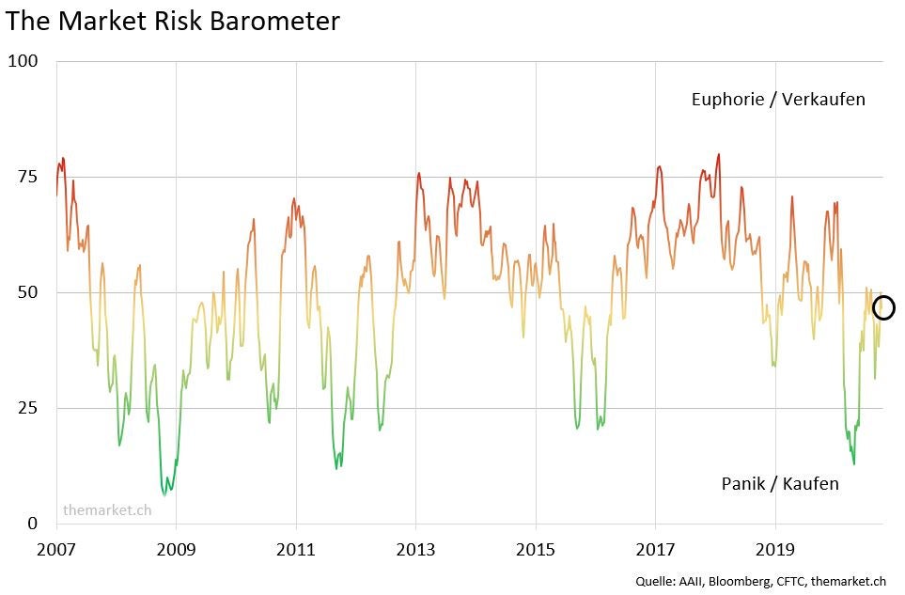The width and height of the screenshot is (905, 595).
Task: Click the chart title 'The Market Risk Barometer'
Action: click(x=173, y=22)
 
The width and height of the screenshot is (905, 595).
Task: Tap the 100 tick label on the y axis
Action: click(x=23, y=61)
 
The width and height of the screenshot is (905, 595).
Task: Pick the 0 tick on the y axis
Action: click(x=31, y=524)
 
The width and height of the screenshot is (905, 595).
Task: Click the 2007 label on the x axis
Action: click(x=56, y=547)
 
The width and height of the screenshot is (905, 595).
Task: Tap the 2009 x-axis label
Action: click(x=177, y=547)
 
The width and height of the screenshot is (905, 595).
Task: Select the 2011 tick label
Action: click(x=296, y=547)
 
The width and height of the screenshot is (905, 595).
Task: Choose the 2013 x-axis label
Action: click(x=415, y=547)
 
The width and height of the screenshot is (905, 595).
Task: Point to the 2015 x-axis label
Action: click(x=536, y=547)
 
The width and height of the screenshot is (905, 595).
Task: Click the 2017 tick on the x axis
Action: click(x=655, y=547)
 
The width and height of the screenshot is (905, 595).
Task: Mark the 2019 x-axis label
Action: click(x=775, y=547)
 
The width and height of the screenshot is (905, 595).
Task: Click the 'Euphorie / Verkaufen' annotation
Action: click(x=778, y=99)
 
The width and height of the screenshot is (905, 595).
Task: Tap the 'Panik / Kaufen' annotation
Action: click(x=780, y=483)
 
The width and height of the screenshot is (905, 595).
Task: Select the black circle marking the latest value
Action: click(x=883, y=307)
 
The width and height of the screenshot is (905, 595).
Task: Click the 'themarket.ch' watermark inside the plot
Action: click(x=107, y=510)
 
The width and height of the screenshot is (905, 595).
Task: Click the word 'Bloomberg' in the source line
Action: click(x=741, y=582)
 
